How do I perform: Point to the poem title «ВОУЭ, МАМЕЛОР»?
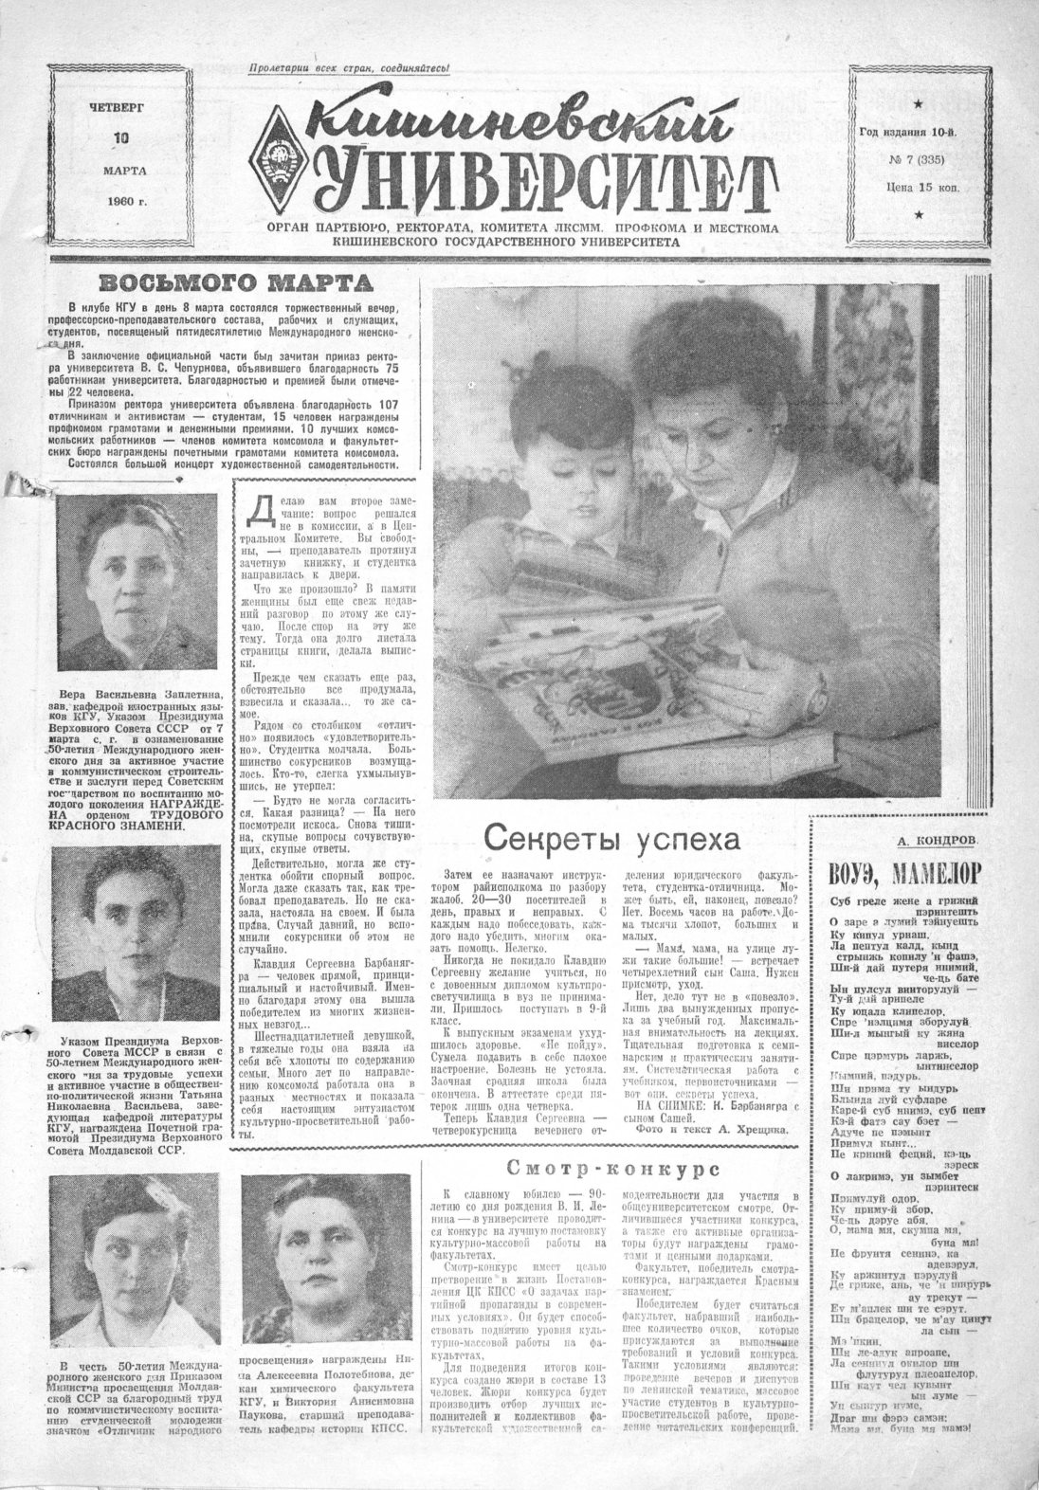904,872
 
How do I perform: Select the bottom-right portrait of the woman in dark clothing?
328,1256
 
